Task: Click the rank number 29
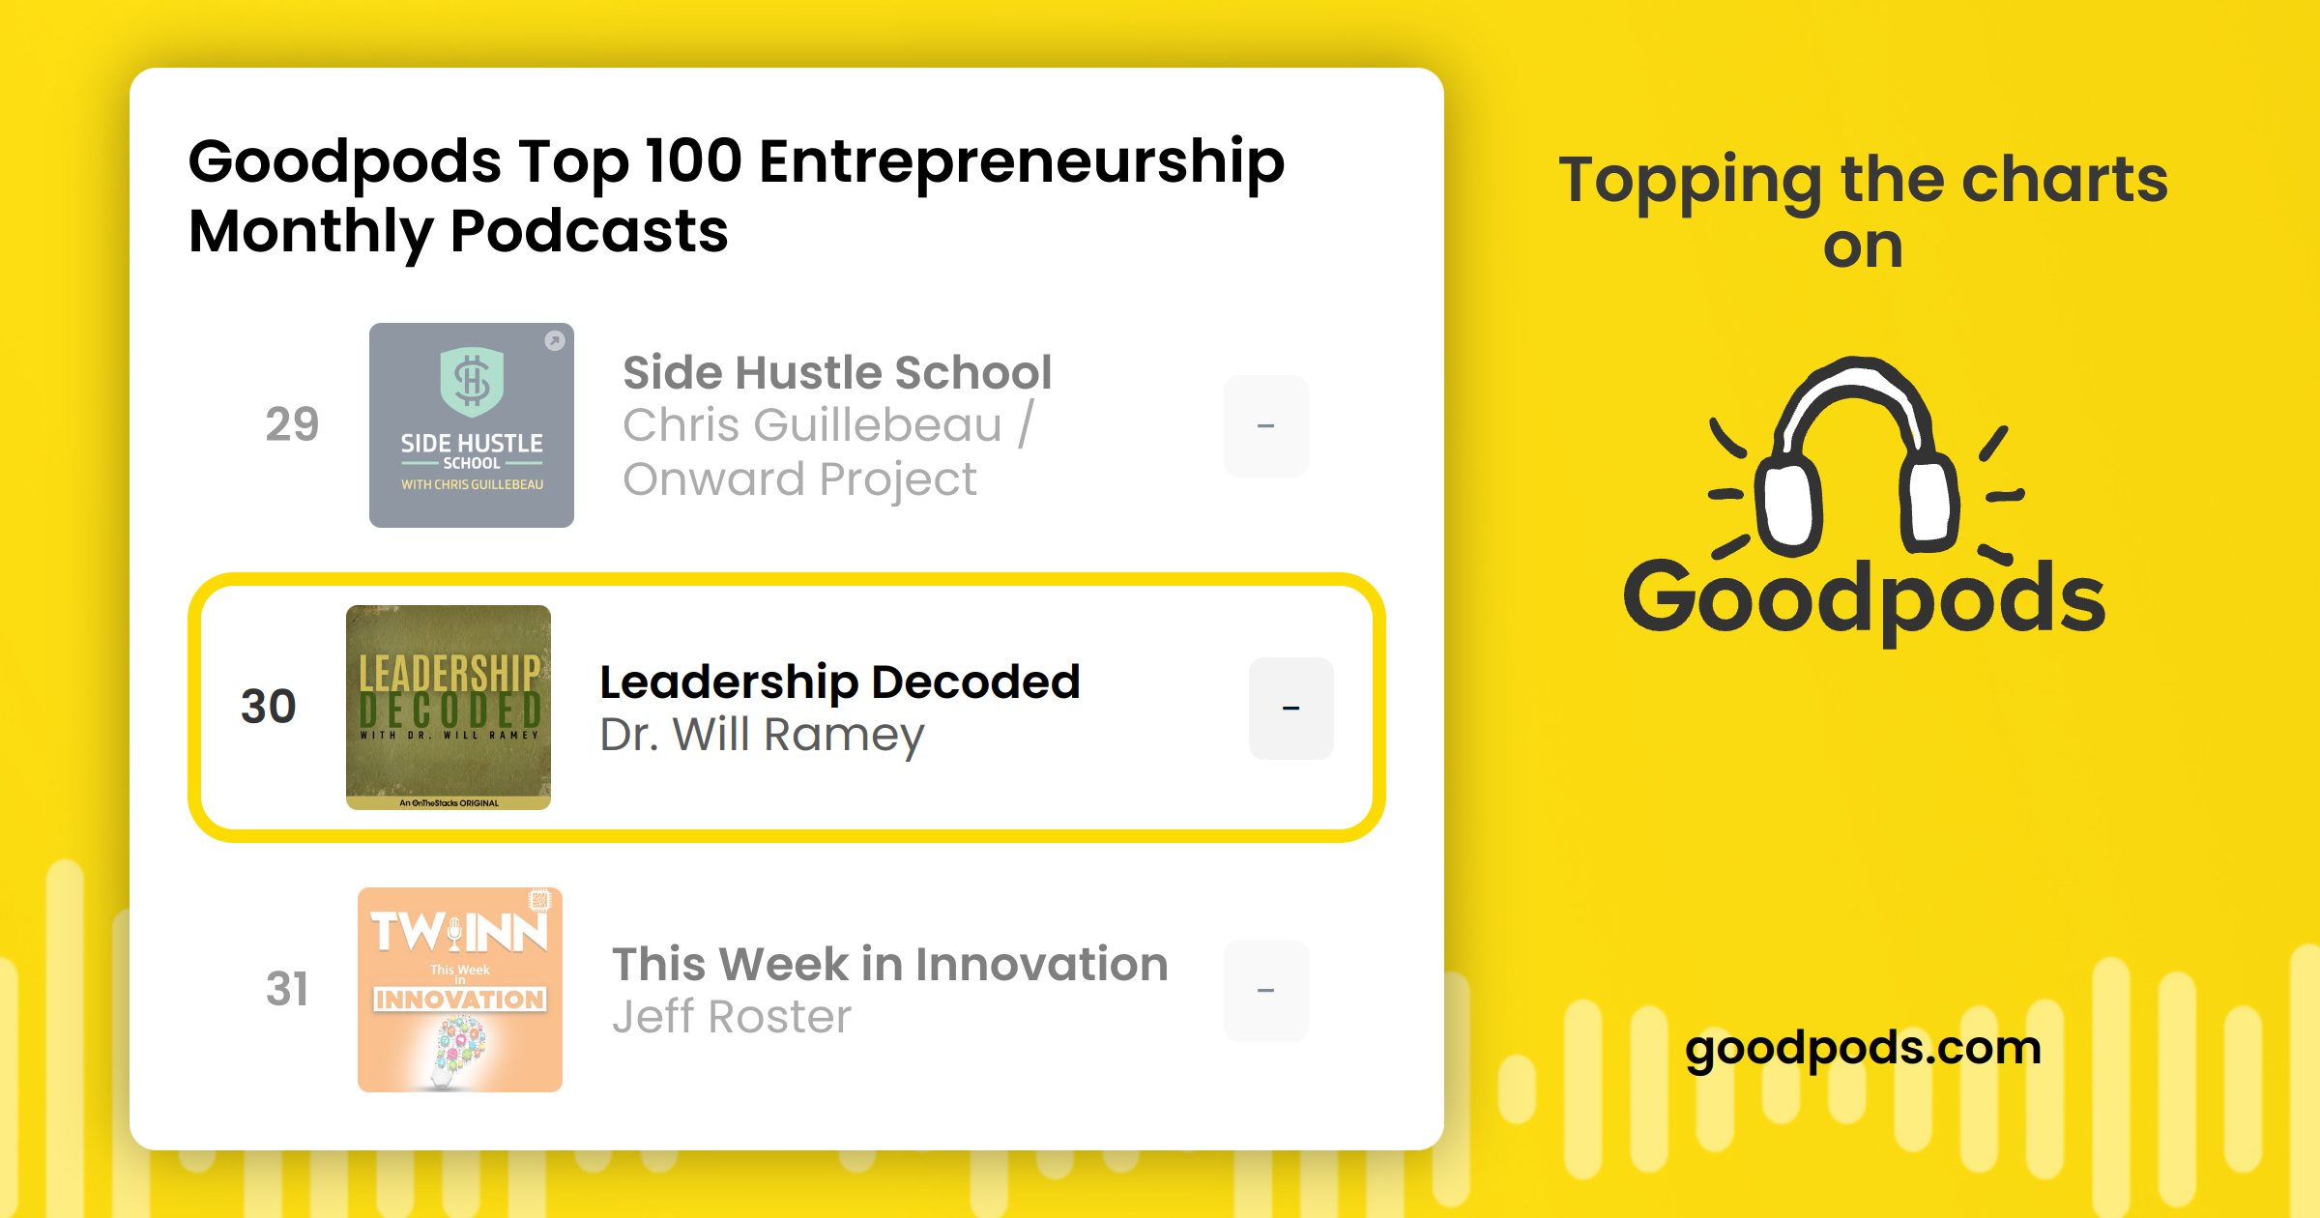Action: coord(292,424)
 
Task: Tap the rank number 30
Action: coord(268,707)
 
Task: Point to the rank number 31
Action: coord(287,989)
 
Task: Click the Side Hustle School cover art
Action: coord(472,425)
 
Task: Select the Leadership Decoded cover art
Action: coord(449,708)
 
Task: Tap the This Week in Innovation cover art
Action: coord(460,990)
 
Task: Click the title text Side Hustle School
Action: coord(837,373)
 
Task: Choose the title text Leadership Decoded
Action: coord(839,682)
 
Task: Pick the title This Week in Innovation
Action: coord(890,965)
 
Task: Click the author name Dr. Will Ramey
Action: coord(762,736)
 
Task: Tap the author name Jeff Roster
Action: coord(732,1017)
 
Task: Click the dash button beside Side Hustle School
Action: coord(1266,425)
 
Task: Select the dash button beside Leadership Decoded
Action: coord(1291,708)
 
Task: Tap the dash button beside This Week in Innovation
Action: coord(1266,990)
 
